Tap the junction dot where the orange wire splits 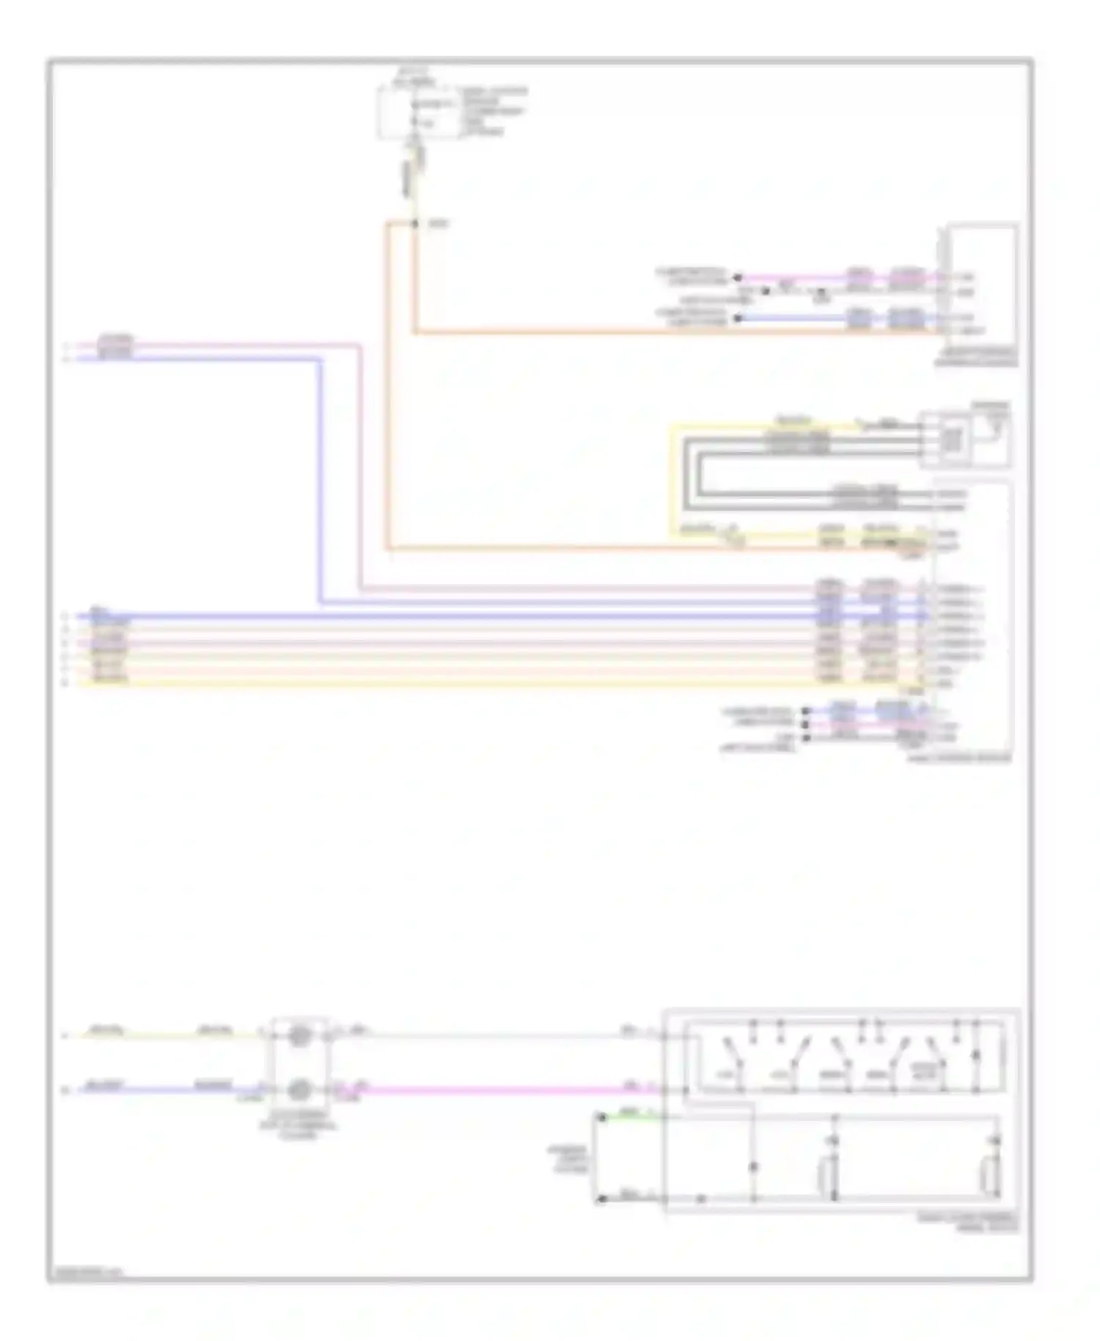pos(415,223)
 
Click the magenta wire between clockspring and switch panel pos(499,1090)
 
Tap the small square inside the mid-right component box pos(952,439)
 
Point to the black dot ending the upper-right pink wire pos(738,277)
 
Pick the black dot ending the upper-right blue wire pos(738,318)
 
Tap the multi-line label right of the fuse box pos(493,112)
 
